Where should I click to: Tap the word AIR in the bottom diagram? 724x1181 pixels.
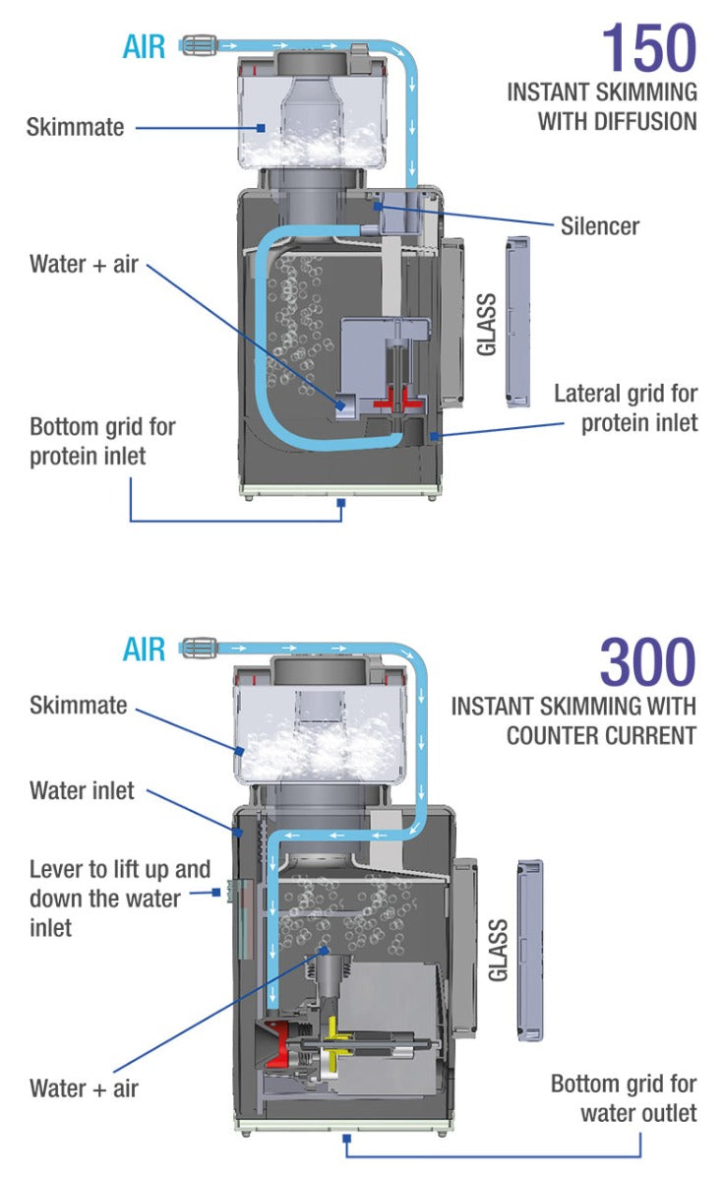145,649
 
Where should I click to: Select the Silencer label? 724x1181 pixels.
599,225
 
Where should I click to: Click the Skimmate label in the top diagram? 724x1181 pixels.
75,127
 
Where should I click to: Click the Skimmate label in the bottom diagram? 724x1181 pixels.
78,705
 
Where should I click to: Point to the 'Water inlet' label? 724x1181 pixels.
82,790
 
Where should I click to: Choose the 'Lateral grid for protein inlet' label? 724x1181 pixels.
625,407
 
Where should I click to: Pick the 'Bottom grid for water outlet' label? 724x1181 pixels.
624,1098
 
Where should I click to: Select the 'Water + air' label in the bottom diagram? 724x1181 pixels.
84,1088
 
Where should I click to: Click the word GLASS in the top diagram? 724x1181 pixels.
485,324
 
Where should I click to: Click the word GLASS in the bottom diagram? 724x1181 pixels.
498,950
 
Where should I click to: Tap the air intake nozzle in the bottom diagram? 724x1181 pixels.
199,648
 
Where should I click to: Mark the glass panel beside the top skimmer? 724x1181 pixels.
516,322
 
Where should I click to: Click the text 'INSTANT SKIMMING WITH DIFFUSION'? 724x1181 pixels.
602,106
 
